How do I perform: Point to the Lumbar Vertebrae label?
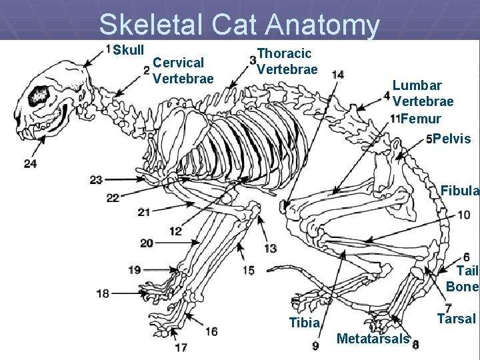tap(423, 93)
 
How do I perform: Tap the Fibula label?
tap(459, 191)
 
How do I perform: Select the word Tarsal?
tap(456, 319)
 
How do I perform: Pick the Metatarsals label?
tap(373, 339)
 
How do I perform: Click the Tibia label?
tap(304, 323)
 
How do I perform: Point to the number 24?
tap(30, 163)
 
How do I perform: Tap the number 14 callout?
tap(337, 74)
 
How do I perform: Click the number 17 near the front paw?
tap(181, 347)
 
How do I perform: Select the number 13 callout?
tap(270, 248)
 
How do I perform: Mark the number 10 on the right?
tap(463, 215)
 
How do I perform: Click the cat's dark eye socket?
tap(39, 95)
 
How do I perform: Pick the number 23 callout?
tap(96, 179)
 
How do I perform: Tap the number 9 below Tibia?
tap(315, 345)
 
